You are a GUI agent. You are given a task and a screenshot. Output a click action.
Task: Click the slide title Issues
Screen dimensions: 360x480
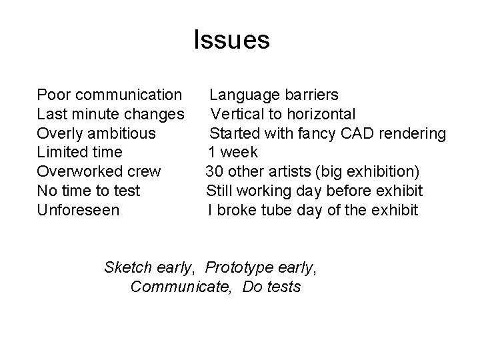[231, 41]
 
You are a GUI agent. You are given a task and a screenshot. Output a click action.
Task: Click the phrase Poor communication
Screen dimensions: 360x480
[109, 95]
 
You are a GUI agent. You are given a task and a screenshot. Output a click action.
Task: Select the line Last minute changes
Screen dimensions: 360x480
[111, 114]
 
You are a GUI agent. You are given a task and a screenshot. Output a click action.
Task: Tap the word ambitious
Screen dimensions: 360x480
[125, 133]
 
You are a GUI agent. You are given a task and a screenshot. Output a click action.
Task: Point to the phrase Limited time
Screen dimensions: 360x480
[79, 153]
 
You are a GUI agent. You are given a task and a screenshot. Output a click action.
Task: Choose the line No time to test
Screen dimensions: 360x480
[89, 191]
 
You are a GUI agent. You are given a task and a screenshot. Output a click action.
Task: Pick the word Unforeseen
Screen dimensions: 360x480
[78, 211]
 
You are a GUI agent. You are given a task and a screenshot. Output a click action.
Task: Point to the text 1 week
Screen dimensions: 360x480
[233, 153]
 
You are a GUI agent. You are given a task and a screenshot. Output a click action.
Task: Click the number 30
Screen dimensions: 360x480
[214, 172]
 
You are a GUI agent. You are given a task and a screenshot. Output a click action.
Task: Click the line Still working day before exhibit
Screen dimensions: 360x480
[314, 191]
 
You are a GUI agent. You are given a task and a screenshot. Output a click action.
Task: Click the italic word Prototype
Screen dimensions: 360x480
[237, 268]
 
